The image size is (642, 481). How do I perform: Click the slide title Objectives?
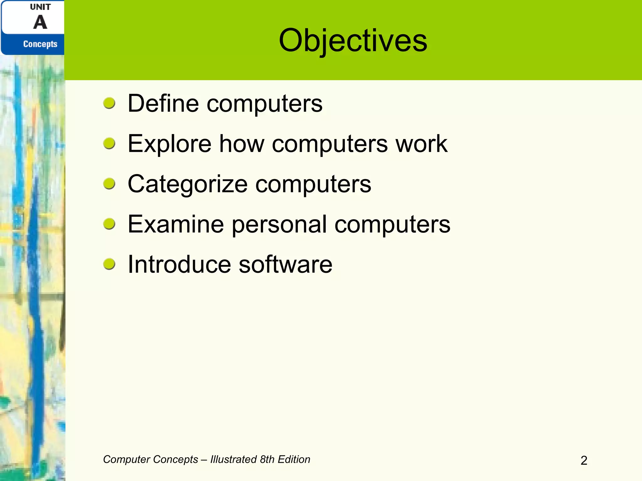353,41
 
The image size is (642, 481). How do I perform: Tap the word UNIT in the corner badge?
40,7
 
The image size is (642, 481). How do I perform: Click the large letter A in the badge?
40,23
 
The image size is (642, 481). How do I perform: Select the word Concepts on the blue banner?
40,44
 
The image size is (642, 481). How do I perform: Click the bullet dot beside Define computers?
109,103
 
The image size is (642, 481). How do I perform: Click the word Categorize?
187,184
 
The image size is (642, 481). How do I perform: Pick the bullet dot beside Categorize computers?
109,184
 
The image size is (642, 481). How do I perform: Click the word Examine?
176,224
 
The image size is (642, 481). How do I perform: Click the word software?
285,265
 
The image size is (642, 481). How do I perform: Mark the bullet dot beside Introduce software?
109,264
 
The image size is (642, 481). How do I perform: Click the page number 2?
584,460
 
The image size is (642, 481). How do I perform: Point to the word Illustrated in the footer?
234,459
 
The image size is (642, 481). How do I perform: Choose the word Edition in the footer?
294,459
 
